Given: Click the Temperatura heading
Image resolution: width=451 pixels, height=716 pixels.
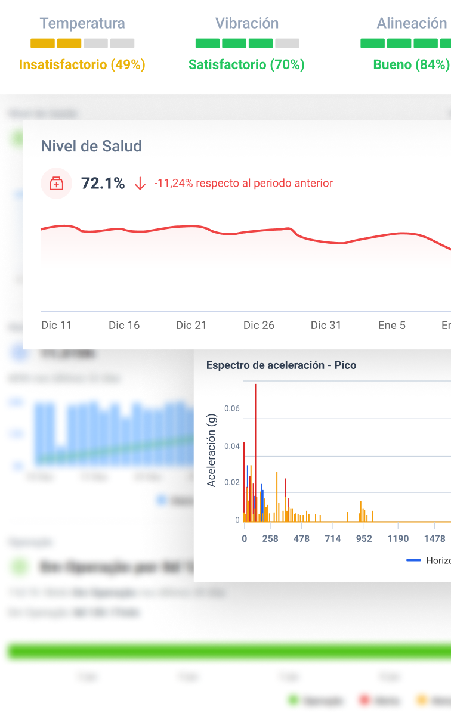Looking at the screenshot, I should [82, 24].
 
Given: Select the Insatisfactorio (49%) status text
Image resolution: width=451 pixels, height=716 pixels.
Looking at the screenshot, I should [82, 64].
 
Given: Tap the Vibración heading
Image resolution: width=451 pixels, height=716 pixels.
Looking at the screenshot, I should [247, 24].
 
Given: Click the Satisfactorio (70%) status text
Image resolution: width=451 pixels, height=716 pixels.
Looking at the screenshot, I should [246, 64].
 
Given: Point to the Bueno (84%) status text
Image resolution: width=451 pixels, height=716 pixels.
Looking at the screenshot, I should [411, 64].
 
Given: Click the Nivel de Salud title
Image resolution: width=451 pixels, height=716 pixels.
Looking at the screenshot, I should [91, 146].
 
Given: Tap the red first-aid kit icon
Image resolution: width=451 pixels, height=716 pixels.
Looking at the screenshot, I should [56, 184].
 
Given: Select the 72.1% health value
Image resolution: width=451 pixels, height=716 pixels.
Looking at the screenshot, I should [103, 184].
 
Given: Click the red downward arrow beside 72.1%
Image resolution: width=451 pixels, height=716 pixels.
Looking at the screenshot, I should [140, 184].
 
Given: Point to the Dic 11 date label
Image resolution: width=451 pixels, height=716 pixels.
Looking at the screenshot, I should [57, 326].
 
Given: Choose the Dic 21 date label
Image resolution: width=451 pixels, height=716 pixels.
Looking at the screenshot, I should [191, 326].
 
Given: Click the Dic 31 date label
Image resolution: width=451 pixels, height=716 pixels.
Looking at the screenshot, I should [326, 326].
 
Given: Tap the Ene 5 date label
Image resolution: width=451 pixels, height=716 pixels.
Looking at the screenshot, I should [392, 326].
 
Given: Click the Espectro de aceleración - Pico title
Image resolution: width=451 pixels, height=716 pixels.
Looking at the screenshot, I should [281, 365].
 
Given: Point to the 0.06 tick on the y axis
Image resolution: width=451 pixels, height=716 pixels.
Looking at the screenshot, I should [232, 409].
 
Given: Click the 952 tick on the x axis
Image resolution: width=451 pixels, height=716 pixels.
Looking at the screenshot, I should [364, 539].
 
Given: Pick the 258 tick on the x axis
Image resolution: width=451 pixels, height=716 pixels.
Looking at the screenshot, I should [270, 539].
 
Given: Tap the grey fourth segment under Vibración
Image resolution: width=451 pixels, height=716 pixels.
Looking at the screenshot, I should [288, 44].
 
